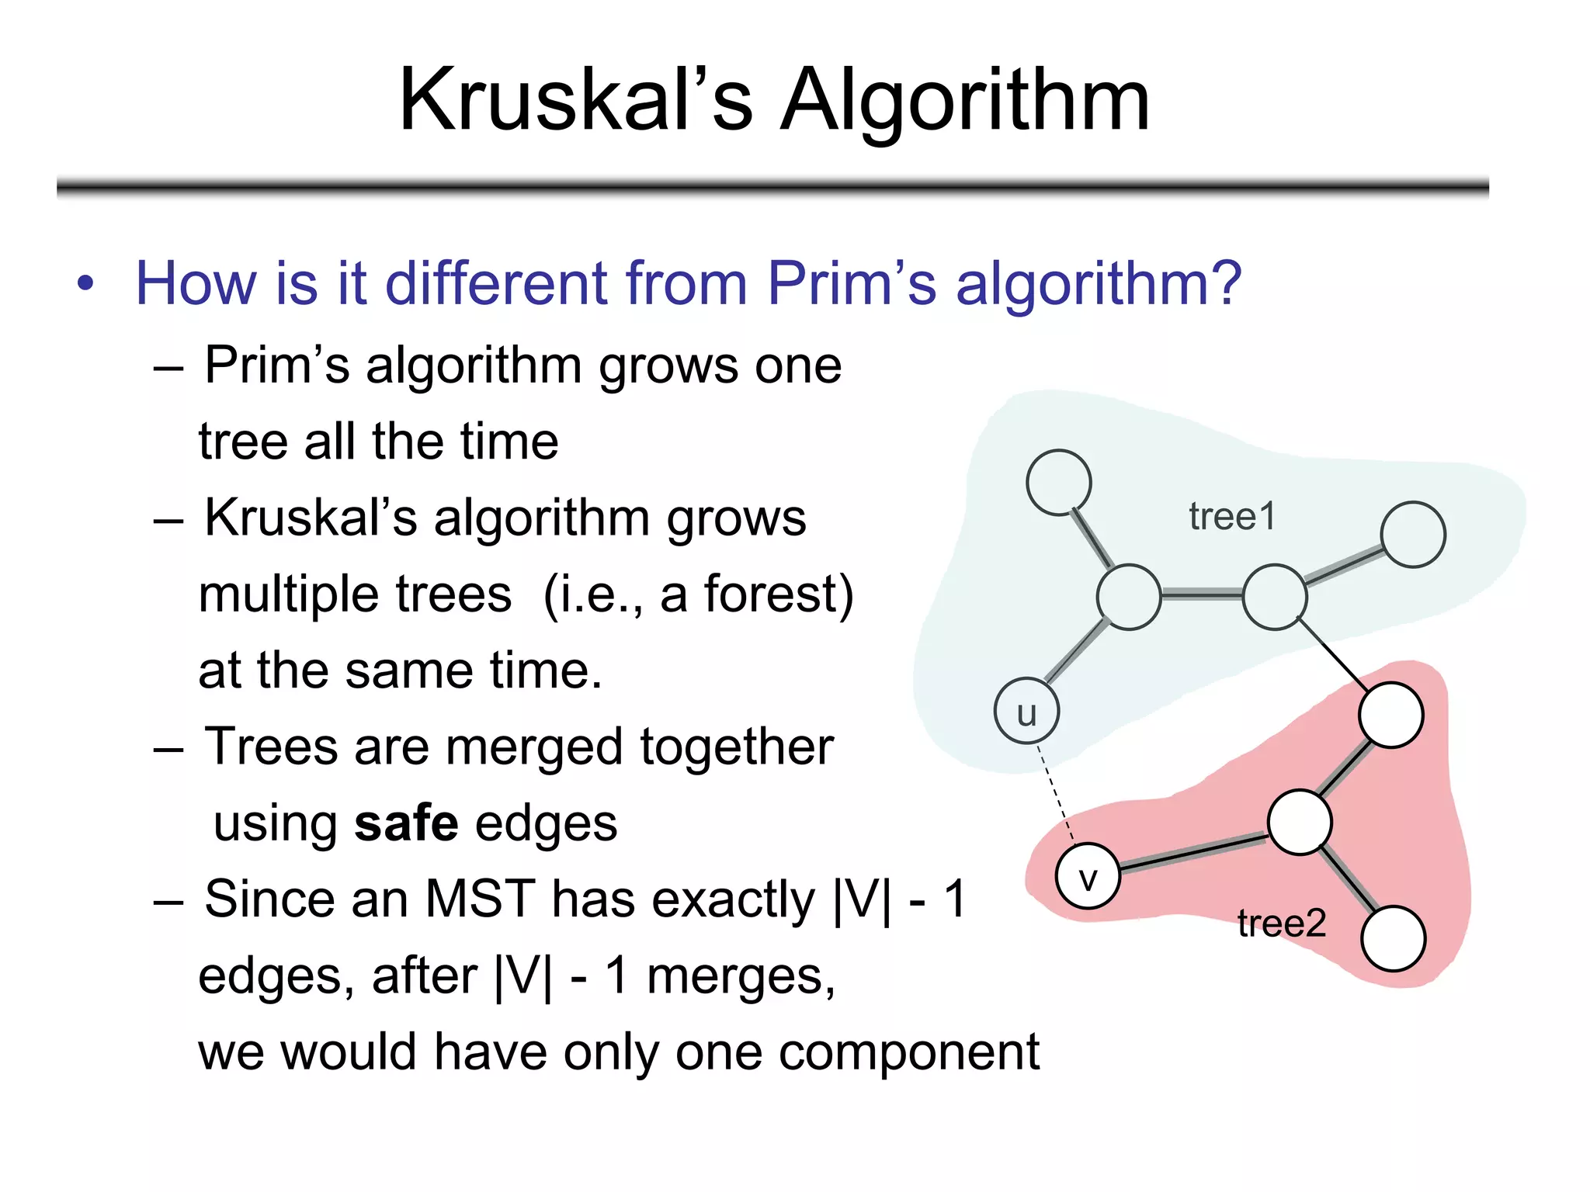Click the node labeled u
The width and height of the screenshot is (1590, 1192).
pyautogui.click(x=1026, y=711)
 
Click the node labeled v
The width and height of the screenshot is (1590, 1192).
pyautogui.click(x=1088, y=876)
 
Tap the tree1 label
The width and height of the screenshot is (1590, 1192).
pyautogui.click(x=1232, y=517)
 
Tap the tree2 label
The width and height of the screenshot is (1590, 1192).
pyautogui.click(x=1281, y=923)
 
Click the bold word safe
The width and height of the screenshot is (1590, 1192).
pyautogui.click(x=405, y=823)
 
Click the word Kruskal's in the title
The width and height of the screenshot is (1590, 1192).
pyautogui.click(x=575, y=101)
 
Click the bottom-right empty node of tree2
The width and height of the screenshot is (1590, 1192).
pyautogui.click(x=1394, y=938)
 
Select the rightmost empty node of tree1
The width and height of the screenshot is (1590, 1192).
pyautogui.click(x=1413, y=535)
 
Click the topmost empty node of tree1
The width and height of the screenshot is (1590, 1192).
pyautogui.click(x=1058, y=483)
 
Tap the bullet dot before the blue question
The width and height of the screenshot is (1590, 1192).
pyautogui.click(x=85, y=284)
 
